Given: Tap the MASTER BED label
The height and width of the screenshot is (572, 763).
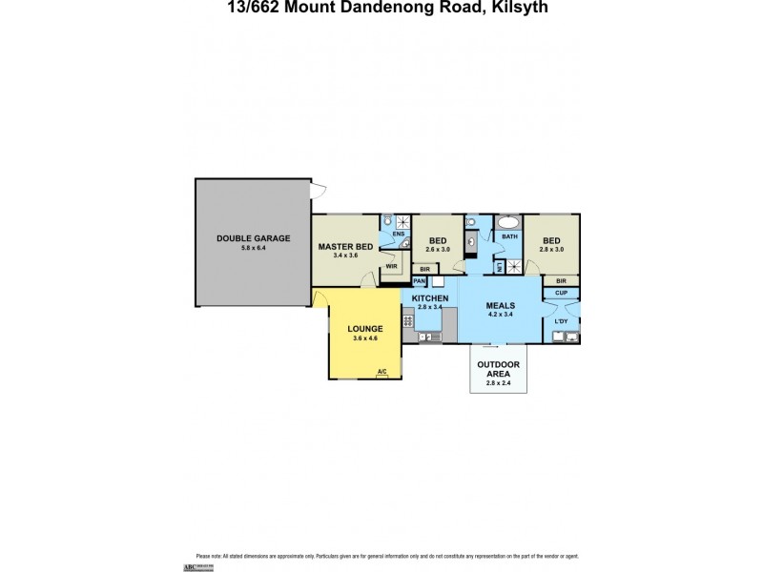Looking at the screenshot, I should [x=345, y=246].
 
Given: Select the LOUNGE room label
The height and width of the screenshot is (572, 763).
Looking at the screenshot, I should [x=364, y=327].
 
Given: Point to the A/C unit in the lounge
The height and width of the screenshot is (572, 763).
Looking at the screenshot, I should [x=381, y=371].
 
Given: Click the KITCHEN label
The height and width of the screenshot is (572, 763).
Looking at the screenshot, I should [x=429, y=298].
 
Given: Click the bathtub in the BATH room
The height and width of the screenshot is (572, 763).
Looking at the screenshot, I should [x=509, y=224].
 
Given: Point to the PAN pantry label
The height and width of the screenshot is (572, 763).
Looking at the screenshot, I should [x=419, y=282].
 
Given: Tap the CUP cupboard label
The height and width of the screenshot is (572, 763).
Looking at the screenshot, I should [x=562, y=293].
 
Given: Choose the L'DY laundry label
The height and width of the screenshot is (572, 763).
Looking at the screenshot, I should [x=562, y=321].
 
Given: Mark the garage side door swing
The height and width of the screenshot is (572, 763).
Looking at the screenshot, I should [x=323, y=190].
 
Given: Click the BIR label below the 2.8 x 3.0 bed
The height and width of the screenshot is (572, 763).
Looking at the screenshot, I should [x=561, y=281].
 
